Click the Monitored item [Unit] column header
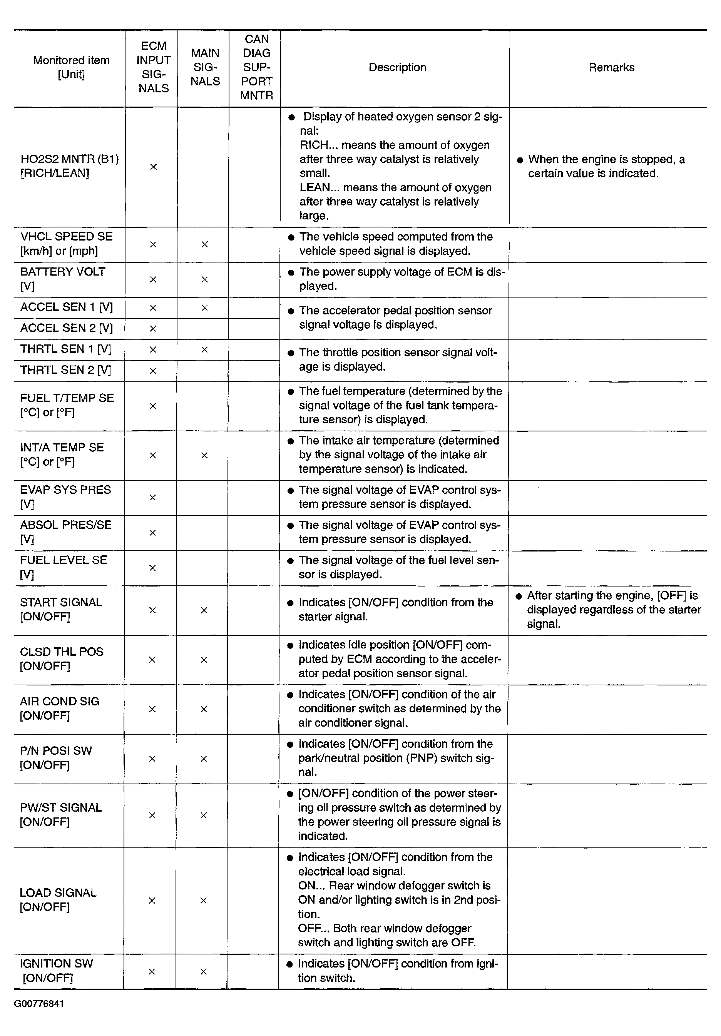click(71, 67)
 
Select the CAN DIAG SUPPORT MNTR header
click(256, 67)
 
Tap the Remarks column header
click(611, 68)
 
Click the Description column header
click(397, 68)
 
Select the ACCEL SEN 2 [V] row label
click(66, 328)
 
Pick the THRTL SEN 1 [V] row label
click(65, 349)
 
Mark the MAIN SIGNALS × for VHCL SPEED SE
click(204, 244)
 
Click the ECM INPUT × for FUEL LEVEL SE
click(152, 568)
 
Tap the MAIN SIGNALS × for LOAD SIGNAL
click(204, 901)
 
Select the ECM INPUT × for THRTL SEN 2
click(152, 371)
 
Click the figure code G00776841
click(39, 1004)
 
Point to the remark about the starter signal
click(613, 610)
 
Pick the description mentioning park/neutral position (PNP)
click(395, 758)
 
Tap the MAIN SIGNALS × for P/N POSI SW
click(204, 759)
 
